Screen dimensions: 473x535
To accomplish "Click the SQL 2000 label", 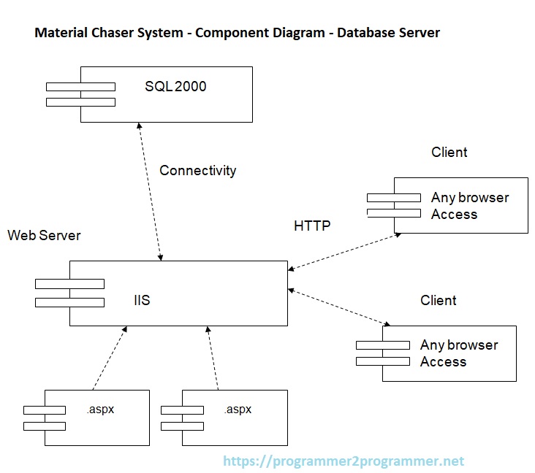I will coord(175,87).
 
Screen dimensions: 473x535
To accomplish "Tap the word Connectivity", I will coord(197,171).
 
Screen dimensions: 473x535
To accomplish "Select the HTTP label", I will coord(312,226).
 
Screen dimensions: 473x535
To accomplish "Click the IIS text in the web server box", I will coord(142,300).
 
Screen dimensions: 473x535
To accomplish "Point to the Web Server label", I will coord(44,236).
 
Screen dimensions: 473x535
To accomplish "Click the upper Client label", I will coord(449,153).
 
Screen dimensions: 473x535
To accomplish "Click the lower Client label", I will coord(438,301).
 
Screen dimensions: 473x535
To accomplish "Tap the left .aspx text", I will coord(99,409).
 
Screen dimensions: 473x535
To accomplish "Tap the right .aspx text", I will coord(237,409).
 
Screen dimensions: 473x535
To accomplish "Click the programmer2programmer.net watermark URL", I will coord(343,461).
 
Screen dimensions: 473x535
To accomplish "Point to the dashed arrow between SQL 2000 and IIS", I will coord(150,190).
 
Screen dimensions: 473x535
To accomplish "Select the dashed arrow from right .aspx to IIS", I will coord(213,358).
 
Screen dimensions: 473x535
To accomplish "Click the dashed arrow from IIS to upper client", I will coord(344,250).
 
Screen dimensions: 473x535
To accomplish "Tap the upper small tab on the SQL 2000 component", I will coord(80,87).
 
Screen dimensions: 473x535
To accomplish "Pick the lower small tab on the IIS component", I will coord(69,302).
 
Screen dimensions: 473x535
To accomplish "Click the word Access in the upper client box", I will coord(454,215).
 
